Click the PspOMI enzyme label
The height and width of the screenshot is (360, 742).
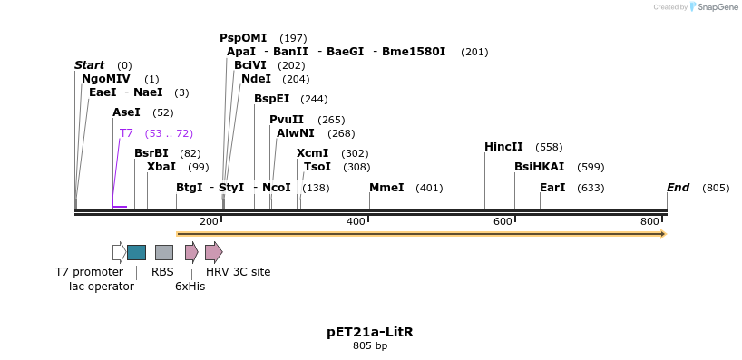tap(243, 38)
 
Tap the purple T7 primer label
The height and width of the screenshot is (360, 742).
tap(126, 133)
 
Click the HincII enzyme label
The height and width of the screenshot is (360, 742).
tap(503, 147)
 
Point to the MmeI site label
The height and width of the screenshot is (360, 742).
tap(386, 188)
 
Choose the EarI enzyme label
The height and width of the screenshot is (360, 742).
tap(552, 188)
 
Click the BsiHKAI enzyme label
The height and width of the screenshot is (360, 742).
tap(539, 167)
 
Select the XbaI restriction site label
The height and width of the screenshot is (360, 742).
tap(161, 167)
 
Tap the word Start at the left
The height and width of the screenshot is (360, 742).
tap(89, 65)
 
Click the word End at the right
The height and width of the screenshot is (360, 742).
tap(678, 188)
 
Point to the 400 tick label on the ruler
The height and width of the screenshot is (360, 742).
tap(356, 222)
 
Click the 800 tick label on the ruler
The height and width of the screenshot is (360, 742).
tap(649, 222)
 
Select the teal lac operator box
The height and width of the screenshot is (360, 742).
tap(136, 252)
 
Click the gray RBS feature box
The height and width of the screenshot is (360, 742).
tap(163, 252)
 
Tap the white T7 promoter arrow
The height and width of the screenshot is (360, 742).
tap(119, 252)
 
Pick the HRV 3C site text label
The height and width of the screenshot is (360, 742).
tap(238, 271)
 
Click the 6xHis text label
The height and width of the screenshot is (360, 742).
tap(190, 287)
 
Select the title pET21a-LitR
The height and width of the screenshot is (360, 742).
tap(370, 332)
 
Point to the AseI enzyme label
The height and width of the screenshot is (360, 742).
tap(126, 112)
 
